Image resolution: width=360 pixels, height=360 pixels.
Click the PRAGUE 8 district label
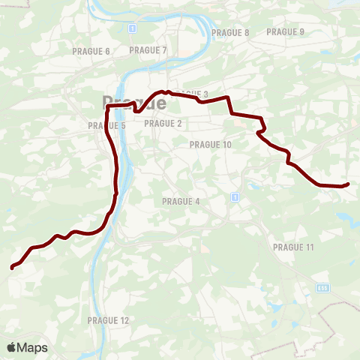coord(230,32)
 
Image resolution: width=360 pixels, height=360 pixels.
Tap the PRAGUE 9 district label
coord(286,31)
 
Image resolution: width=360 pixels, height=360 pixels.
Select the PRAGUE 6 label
coord(91,50)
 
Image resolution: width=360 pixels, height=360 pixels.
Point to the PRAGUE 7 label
coord(148,49)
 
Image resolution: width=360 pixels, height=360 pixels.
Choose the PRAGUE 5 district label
coord(106,125)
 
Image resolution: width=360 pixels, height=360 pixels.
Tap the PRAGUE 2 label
coord(163,123)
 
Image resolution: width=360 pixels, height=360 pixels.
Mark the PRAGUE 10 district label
coord(211,145)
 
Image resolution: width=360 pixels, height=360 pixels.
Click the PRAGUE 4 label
coord(181,201)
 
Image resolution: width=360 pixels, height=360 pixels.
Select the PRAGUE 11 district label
coord(293,247)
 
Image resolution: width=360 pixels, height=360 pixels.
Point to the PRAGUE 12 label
coord(108,320)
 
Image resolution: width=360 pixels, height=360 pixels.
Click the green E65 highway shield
coord(322,287)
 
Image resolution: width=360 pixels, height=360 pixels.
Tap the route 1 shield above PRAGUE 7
coord(132,28)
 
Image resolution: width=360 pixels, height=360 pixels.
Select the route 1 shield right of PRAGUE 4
coord(235,197)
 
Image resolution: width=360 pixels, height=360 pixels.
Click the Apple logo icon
coord(11,347)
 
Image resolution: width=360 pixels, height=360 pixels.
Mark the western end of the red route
coord(12,267)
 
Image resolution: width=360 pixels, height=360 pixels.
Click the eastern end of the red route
coord(348,184)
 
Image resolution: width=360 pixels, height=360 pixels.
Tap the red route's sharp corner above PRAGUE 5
coord(108,107)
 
